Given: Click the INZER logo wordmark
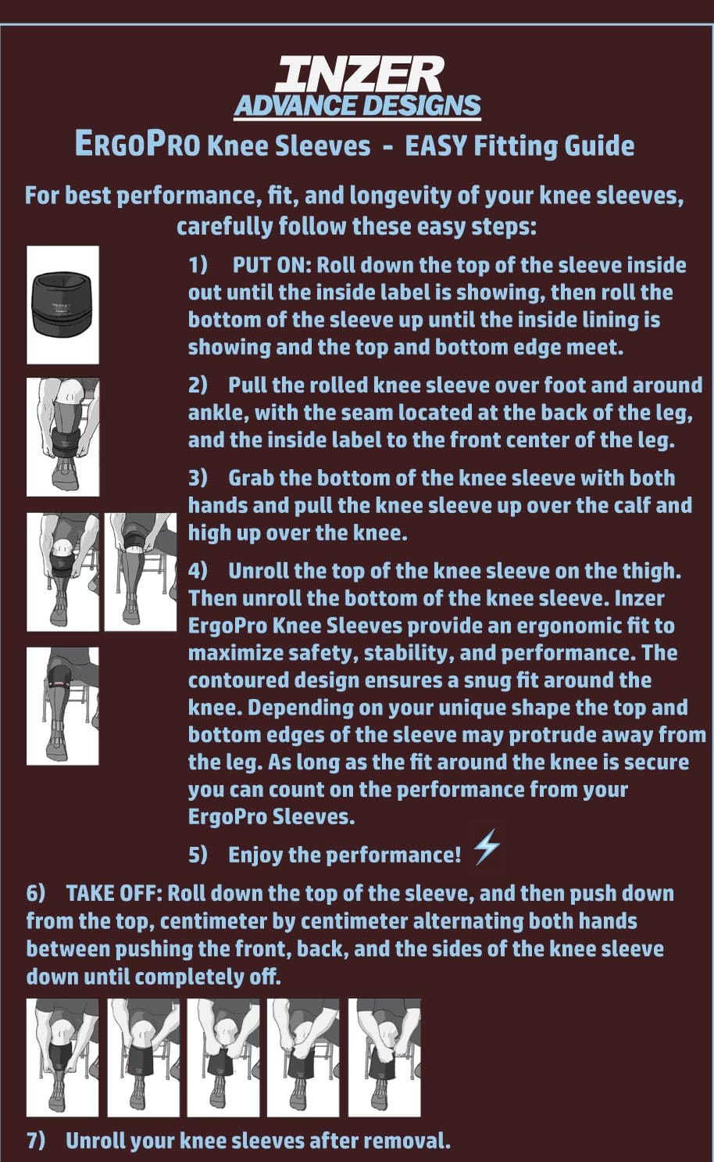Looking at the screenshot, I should click(x=358, y=75).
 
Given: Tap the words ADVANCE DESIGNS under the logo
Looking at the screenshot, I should click(x=358, y=106).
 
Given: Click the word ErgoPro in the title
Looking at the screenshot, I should click(x=137, y=145).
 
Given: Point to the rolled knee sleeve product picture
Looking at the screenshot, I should click(x=62, y=305).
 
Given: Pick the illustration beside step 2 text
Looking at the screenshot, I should click(x=62, y=437).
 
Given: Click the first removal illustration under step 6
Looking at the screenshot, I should click(x=62, y=1057).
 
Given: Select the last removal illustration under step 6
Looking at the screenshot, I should click(x=384, y=1057).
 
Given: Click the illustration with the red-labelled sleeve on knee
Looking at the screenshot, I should click(x=62, y=705).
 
